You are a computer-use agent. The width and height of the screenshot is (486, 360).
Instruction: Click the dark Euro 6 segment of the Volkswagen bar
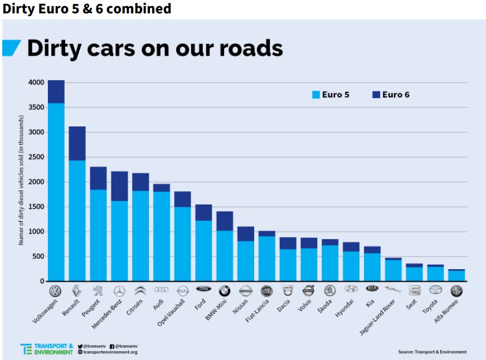click(x=56, y=91)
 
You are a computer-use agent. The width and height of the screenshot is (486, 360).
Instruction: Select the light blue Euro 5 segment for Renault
click(x=77, y=220)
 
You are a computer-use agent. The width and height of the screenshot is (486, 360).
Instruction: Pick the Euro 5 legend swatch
click(x=316, y=95)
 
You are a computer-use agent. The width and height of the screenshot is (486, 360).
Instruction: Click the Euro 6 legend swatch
click(x=376, y=95)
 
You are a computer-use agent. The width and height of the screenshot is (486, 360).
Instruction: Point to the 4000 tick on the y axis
click(x=37, y=82)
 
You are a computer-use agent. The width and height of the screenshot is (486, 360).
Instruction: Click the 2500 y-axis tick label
click(x=37, y=157)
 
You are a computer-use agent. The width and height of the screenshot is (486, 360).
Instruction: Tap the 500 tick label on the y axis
click(x=39, y=256)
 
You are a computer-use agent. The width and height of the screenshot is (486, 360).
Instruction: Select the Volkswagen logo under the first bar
click(x=56, y=290)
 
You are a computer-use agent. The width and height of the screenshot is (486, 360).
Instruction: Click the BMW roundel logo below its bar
click(x=224, y=290)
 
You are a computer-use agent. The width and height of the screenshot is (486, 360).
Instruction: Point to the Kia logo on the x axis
click(x=372, y=289)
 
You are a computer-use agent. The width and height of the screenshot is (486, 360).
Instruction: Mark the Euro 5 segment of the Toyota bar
click(x=435, y=274)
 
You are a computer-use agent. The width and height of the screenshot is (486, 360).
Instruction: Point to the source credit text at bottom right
click(x=432, y=352)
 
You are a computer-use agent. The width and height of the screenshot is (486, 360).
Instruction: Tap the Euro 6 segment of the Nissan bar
click(x=245, y=233)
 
